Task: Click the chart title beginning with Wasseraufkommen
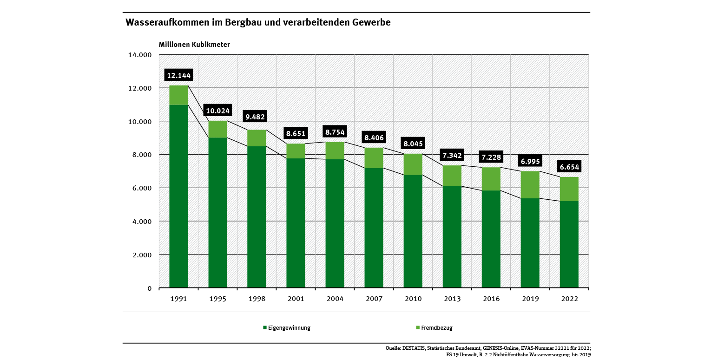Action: tap(258, 22)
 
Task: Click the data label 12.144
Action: tap(178, 75)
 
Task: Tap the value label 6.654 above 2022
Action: tap(569, 167)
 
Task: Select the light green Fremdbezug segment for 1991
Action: tap(178, 95)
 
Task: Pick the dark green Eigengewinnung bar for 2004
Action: tap(335, 223)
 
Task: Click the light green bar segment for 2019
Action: tap(530, 185)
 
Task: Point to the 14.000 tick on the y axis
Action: tap(140, 55)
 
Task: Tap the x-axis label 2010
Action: tap(413, 299)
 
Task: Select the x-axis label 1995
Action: tap(217, 299)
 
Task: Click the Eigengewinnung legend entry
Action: tap(286, 327)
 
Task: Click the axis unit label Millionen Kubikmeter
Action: tap(194, 45)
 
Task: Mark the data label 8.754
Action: tap(335, 132)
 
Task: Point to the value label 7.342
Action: tap(452, 155)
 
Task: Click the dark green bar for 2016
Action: tap(491, 239)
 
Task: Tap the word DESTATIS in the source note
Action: tap(414, 347)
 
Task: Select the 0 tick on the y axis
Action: tap(150, 288)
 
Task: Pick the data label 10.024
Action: tap(217, 111)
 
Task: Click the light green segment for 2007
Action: tap(374, 158)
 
